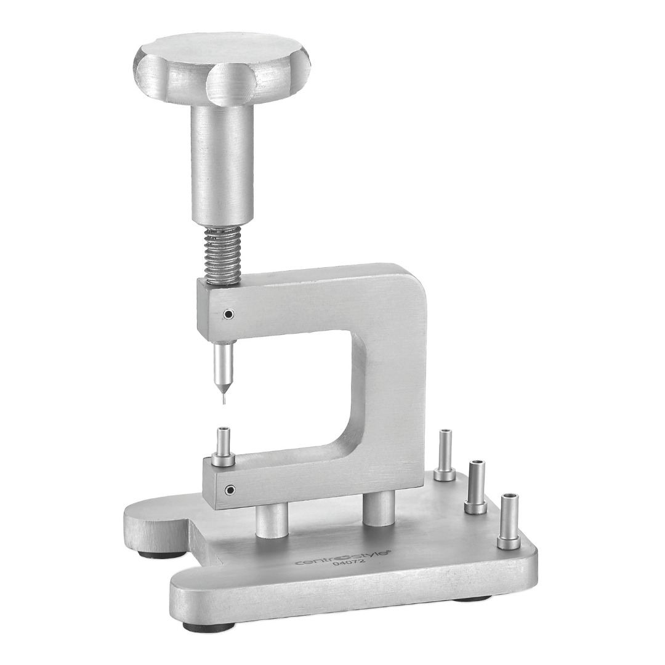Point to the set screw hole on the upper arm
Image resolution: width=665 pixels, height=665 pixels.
pos(229,314)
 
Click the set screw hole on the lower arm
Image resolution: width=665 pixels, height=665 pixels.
pos(230,490)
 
